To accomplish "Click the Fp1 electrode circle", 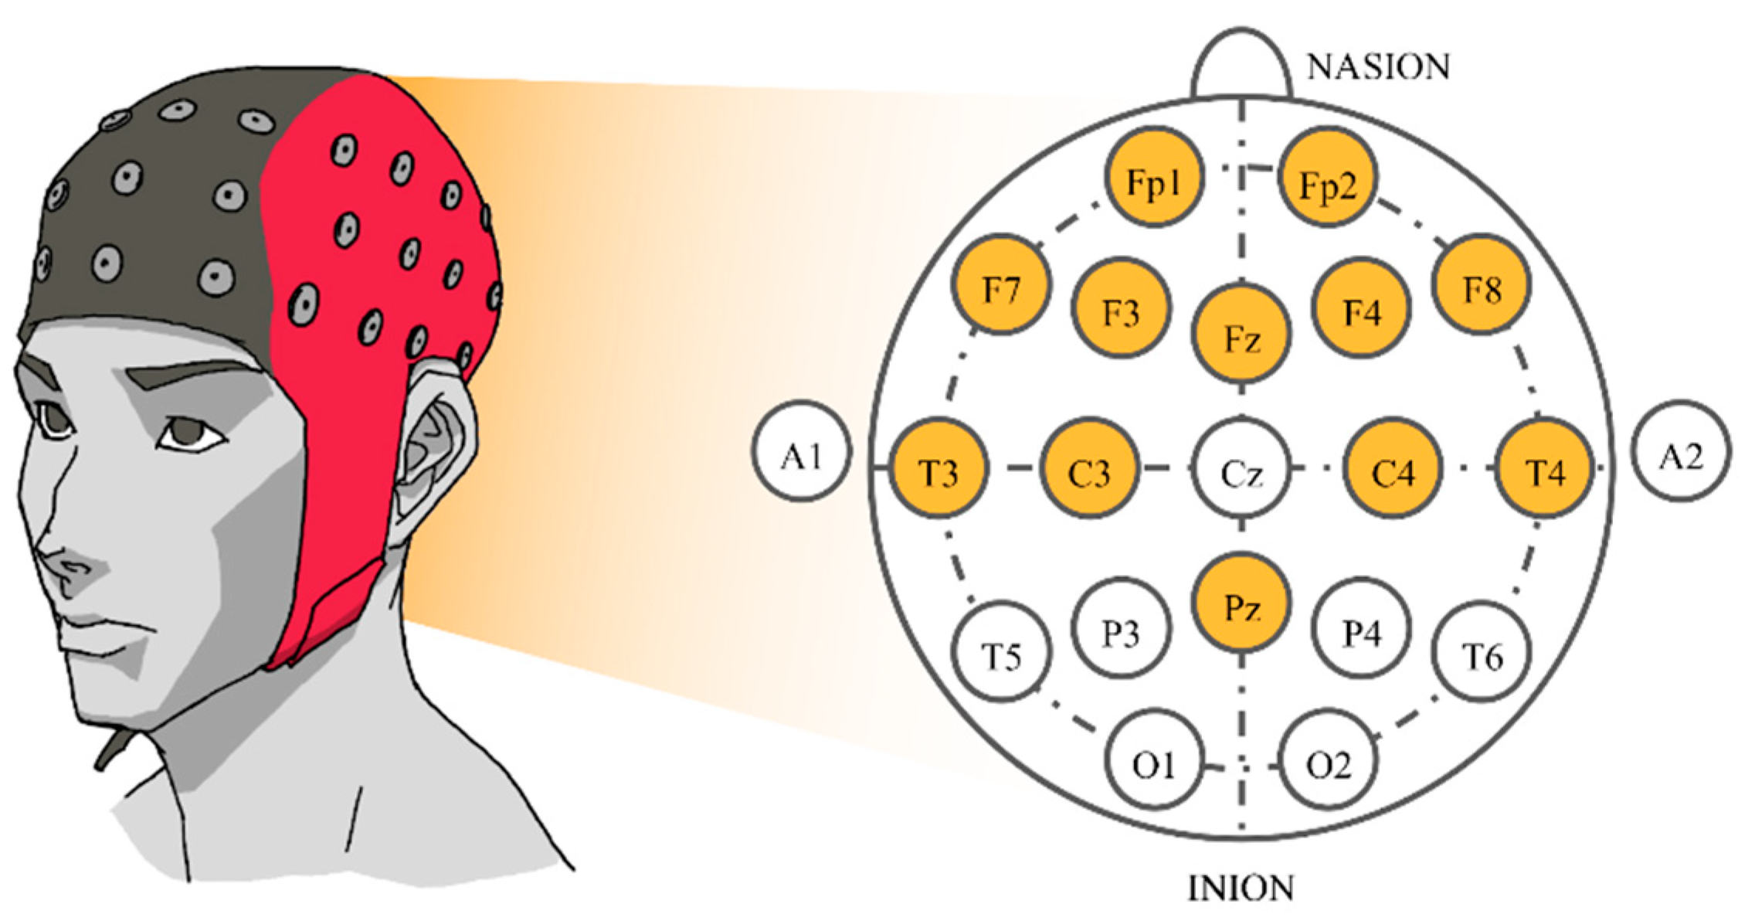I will [1154, 179].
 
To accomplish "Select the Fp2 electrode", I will [1328, 182].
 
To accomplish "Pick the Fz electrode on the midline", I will [1241, 334].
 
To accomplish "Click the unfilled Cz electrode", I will [1241, 470].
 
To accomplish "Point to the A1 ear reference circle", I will [802, 452].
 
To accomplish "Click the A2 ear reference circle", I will [1681, 452].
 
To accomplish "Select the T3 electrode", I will [939, 468].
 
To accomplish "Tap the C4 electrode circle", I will [1393, 468].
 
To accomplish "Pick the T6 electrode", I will [1481, 654].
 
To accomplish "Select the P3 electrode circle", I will [1121, 629].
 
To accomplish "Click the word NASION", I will [1378, 67].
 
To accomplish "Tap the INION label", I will [1240, 889].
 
